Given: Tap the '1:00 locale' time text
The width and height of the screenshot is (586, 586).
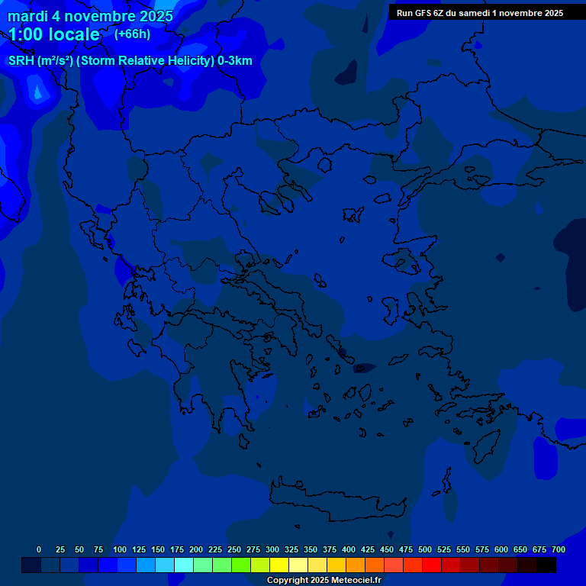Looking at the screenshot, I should click(54, 34).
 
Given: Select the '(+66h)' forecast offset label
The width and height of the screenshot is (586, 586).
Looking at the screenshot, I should click(132, 34).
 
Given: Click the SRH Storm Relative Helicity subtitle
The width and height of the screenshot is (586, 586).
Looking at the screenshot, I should click(130, 61).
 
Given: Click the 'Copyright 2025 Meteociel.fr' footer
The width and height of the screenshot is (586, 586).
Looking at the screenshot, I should click(324, 580).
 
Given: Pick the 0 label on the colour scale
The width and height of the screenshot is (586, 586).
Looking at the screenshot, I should click(39, 549).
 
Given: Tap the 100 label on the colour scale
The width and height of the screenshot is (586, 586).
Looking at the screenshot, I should click(120, 549).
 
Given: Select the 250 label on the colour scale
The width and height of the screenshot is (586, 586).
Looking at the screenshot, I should click(234, 549).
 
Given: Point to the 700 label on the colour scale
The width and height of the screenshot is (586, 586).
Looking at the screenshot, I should click(559, 549).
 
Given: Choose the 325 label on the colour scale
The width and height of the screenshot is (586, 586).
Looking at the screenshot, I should click(291, 549).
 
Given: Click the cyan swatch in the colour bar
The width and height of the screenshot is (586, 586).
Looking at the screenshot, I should click(184, 565).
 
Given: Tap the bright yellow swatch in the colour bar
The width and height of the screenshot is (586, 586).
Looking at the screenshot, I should click(279, 565).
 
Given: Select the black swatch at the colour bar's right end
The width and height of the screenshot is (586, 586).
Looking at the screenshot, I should click(546, 565).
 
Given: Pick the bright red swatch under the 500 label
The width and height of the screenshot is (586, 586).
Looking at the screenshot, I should click(432, 565).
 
